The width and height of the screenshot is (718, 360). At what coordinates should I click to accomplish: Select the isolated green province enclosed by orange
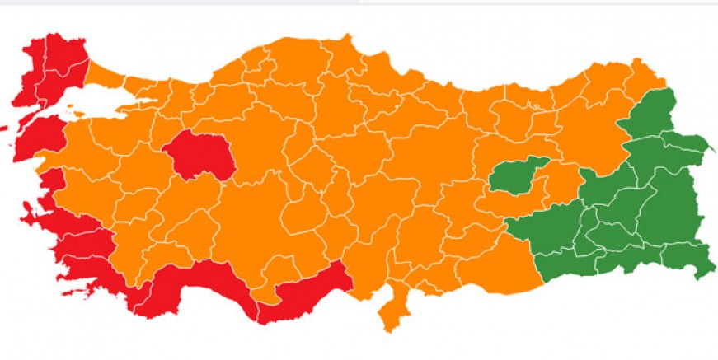[517, 175]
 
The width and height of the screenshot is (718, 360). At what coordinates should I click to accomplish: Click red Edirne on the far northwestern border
[36, 62]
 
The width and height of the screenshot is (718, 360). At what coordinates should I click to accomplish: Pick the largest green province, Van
[672, 206]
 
